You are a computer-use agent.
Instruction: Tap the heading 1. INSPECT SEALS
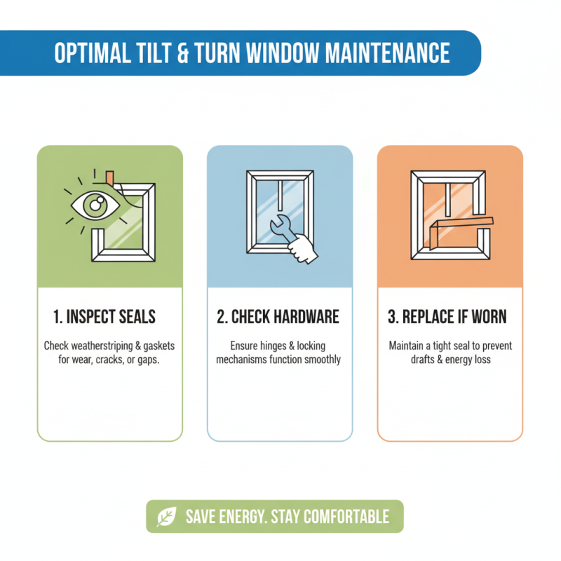(104, 317)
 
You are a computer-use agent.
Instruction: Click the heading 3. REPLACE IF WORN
(450, 317)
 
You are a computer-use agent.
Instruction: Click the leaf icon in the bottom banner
(166, 518)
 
